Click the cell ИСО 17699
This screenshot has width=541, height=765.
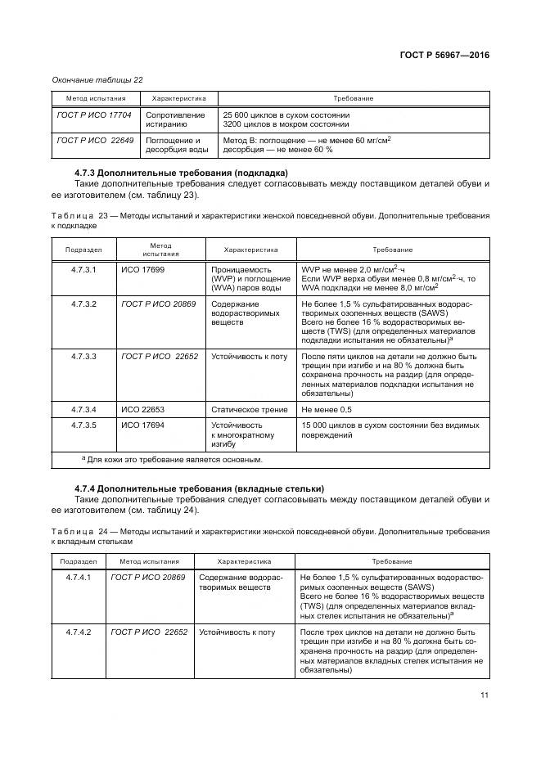[x=142, y=269]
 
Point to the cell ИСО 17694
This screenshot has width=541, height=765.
[x=142, y=425]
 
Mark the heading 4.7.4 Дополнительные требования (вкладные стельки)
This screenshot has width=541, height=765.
[x=199, y=488]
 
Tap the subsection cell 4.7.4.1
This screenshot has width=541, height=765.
[x=79, y=577]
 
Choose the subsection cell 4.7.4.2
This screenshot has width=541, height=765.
[x=79, y=632]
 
